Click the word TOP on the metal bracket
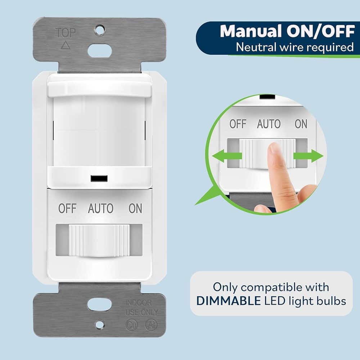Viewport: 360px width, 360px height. point(66,33)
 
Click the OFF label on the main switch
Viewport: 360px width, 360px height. point(67,208)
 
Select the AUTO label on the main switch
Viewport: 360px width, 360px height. point(100,208)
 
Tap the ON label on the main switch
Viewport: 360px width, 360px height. point(135,208)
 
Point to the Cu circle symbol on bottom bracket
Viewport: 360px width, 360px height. point(131,325)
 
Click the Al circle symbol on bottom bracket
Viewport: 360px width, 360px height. point(151,325)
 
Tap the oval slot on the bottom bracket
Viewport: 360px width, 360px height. point(99,305)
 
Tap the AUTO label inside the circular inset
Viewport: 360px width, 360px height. point(269,124)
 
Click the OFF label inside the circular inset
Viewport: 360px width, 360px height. point(238,124)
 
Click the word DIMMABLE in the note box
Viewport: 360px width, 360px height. point(229,301)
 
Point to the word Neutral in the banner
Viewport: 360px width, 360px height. point(254,47)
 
